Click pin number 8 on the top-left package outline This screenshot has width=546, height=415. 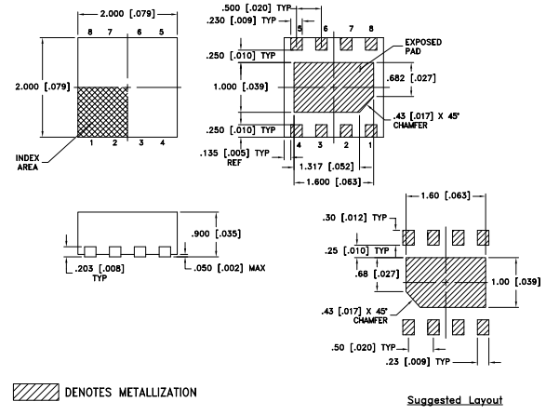(91, 33)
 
